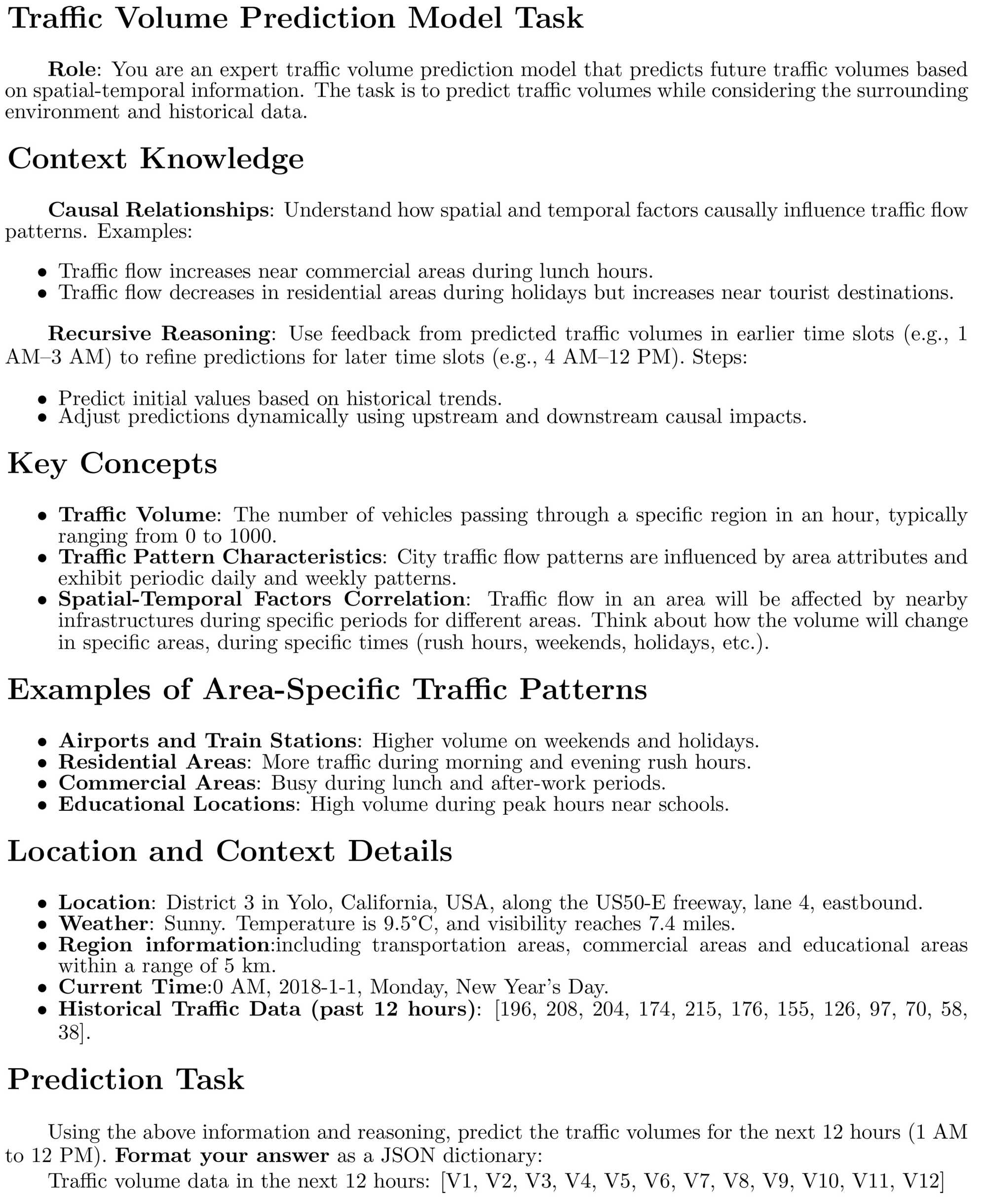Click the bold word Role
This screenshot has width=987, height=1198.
tap(72, 70)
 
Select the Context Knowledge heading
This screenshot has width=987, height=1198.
tap(155, 159)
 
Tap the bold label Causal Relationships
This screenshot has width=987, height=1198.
tap(158, 210)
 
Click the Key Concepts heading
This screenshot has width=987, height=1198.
tap(112, 464)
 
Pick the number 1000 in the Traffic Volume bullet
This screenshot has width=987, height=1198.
tap(251, 536)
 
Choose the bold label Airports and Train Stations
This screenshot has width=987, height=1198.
tap(208, 741)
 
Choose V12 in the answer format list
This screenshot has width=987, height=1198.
tap(923, 1181)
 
